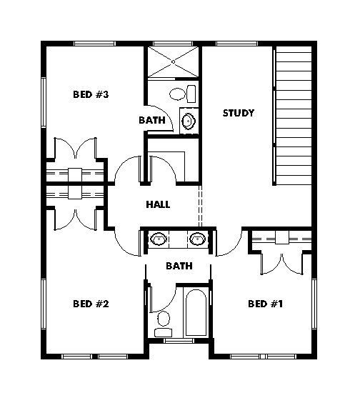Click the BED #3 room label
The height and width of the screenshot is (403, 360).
[91, 94]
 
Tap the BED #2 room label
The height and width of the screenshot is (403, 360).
[91, 304]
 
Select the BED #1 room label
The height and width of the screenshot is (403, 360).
[266, 304]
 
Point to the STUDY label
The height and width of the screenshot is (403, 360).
[239, 113]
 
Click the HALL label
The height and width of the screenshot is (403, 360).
[158, 204]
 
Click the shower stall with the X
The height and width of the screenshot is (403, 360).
[173, 61]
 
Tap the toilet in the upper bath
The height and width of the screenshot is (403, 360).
[182, 94]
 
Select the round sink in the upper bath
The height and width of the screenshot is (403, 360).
[189, 121]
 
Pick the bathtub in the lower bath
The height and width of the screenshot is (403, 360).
[196, 312]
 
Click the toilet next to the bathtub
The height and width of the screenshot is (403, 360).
[164, 324]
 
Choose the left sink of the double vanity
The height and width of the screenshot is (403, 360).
[159, 239]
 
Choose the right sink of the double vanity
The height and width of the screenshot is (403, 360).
[197, 239]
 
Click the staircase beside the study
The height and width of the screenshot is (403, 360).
[294, 116]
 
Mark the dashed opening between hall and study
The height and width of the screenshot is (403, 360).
[201, 206]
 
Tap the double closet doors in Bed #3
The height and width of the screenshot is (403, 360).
[75, 149]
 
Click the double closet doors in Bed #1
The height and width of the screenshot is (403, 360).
[282, 264]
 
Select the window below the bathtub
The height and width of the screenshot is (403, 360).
[179, 341]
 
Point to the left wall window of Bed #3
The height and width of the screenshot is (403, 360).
[44, 102]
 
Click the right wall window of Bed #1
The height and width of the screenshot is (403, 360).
[314, 304]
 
